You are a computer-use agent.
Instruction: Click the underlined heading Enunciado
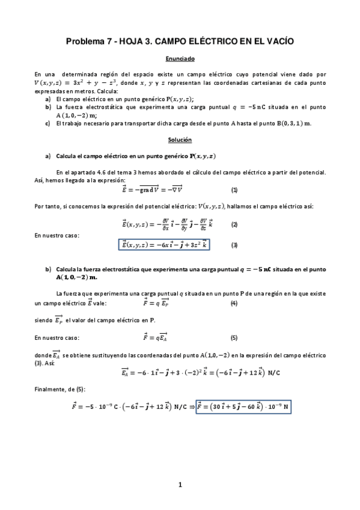pyautogui.click(x=180, y=59)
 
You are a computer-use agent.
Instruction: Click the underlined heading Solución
pyautogui.click(x=180, y=140)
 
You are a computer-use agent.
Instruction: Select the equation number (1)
pyautogui.click(x=234, y=190)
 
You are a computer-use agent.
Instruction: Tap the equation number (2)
pyautogui.click(x=234, y=224)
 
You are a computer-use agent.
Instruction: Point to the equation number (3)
pyautogui.click(x=234, y=245)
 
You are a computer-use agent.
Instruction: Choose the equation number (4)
pyautogui.click(x=234, y=304)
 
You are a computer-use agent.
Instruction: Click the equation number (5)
pyautogui.click(x=234, y=337)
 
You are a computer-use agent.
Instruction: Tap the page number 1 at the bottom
pyautogui.click(x=180, y=484)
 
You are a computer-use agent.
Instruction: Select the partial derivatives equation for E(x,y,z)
pyautogui.click(x=163, y=224)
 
